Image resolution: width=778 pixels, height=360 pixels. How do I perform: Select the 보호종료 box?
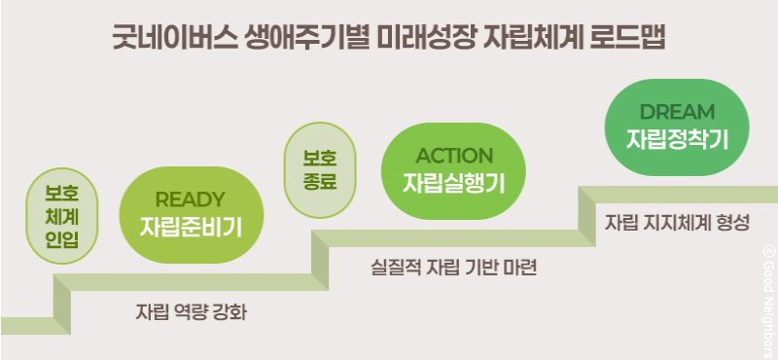(x=319, y=169)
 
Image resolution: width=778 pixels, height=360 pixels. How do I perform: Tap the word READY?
(x=190, y=200)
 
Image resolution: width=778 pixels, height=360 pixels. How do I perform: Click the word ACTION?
(x=454, y=156)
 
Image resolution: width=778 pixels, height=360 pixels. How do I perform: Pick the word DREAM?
(x=677, y=112)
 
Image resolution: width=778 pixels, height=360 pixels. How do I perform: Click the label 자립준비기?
(x=190, y=229)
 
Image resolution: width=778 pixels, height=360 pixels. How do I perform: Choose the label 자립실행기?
(x=454, y=183)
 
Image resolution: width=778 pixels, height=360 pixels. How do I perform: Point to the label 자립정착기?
(x=677, y=138)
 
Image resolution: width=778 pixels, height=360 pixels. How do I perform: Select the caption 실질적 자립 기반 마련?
(x=454, y=266)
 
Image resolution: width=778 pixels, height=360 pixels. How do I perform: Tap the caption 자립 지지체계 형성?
(x=677, y=222)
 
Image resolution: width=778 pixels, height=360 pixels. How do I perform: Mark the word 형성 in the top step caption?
(x=731, y=222)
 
